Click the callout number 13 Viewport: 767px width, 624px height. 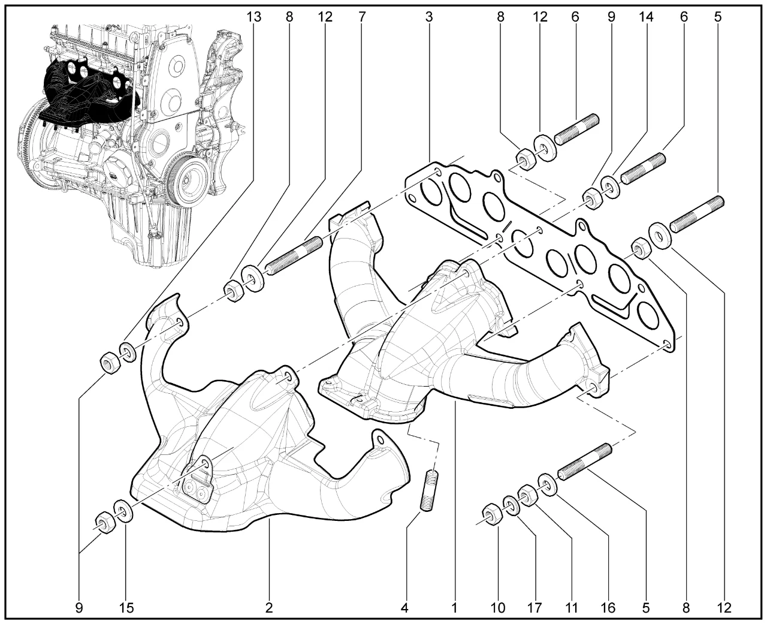[x=254, y=17]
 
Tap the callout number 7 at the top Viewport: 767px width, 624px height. [x=362, y=17]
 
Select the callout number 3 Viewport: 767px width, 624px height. [x=428, y=17]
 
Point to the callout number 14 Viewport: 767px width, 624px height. [x=646, y=17]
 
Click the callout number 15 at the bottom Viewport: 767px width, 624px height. [x=126, y=608]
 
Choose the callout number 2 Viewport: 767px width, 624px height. [x=269, y=608]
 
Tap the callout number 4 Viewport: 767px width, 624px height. [x=404, y=608]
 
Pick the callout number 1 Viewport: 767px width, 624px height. [x=454, y=608]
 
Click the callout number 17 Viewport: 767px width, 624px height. [x=535, y=608]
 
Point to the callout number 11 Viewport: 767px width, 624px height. [x=572, y=608]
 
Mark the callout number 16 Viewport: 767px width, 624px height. [x=608, y=608]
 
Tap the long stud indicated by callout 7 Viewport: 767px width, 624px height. [x=294, y=256]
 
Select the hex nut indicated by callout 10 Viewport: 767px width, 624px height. [x=492, y=516]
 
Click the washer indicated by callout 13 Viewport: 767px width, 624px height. [x=128, y=352]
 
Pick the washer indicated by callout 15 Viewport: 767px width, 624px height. [x=123, y=511]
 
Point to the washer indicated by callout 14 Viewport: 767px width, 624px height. [x=611, y=186]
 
